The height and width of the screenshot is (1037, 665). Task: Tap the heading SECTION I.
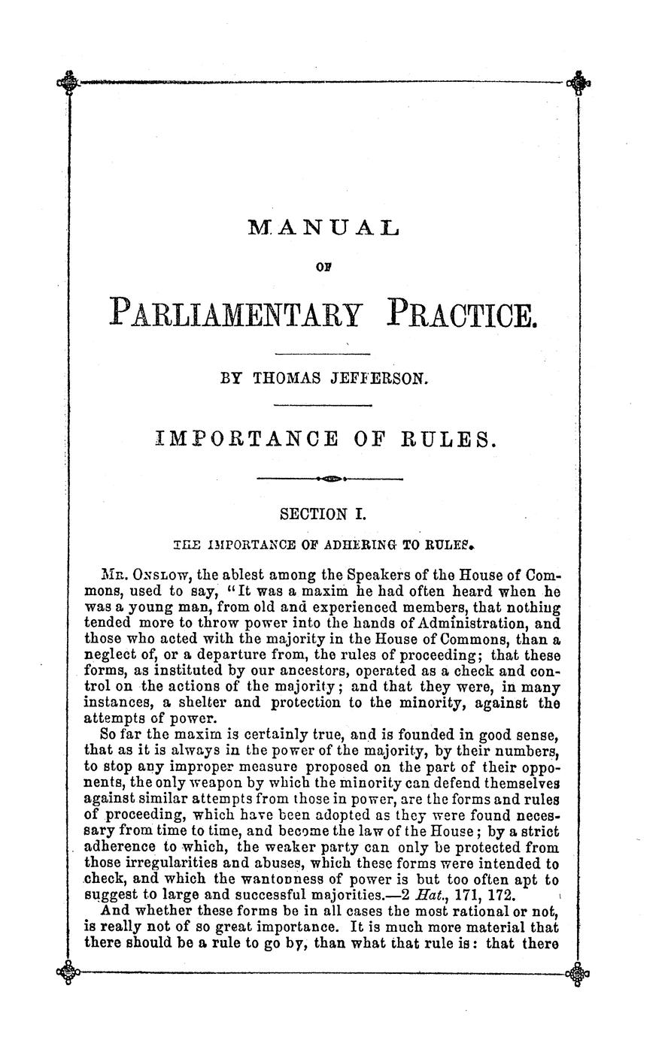(322, 515)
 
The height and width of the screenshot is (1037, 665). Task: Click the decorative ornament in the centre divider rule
(331, 478)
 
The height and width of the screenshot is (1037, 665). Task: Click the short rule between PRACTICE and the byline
(323, 353)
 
